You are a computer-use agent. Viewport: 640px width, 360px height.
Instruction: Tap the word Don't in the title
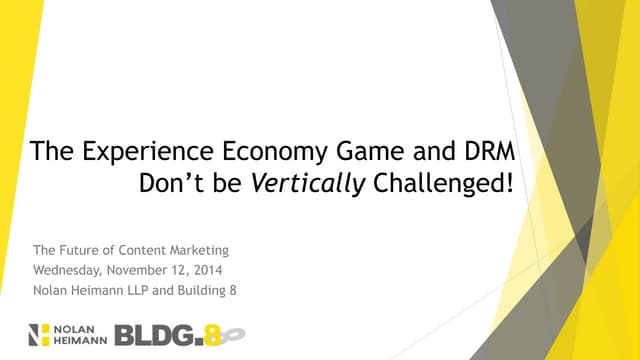180,185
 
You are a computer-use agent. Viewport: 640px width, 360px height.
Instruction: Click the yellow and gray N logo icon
39,333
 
